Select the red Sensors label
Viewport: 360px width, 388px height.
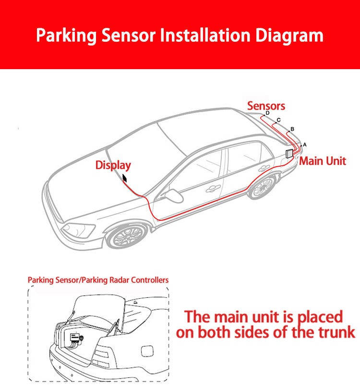[x=266, y=106]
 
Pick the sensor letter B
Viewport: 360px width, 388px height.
[x=292, y=129]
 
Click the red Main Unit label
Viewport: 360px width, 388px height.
[x=323, y=161]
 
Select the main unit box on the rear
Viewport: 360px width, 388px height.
[x=289, y=154]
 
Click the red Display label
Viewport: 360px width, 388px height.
[x=113, y=165]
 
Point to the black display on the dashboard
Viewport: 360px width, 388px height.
[x=125, y=179]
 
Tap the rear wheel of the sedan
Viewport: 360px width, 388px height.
[x=262, y=186]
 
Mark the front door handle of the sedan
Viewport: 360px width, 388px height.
[x=210, y=189]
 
